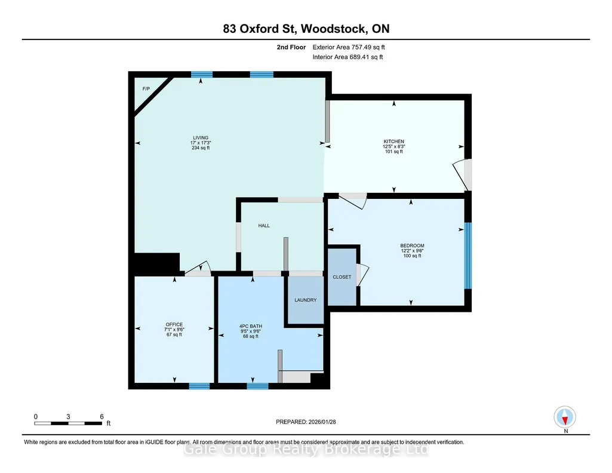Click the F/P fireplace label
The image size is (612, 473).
click(146, 89)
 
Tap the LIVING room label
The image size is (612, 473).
click(201, 138)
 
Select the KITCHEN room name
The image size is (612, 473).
click(394, 142)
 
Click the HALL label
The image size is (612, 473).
click(264, 226)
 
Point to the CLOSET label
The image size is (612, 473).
click(342, 277)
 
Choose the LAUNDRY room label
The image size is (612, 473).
click(306, 300)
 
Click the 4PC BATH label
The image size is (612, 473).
click(251, 326)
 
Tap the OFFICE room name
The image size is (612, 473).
click(174, 325)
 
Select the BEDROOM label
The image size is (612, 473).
click(412, 246)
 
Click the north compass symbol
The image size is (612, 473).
click(565, 417)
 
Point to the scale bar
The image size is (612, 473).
click(68, 423)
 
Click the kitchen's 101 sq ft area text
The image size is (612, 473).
click(394, 152)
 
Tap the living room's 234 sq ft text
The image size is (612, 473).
click(201, 148)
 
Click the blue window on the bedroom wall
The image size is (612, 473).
click(468, 256)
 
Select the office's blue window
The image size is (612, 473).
click(199, 386)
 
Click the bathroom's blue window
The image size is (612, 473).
click(257, 386)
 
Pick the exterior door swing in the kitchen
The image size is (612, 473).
click(461, 175)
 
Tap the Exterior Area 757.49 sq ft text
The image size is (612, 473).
click(349, 47)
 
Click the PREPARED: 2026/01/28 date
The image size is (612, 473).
click(306, 422)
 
